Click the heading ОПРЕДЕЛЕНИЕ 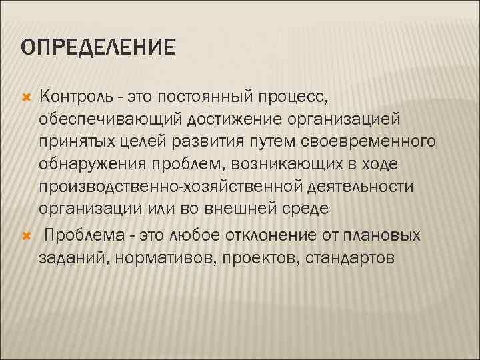[97, 47]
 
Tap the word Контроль [75, 99]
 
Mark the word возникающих [292, 165]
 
